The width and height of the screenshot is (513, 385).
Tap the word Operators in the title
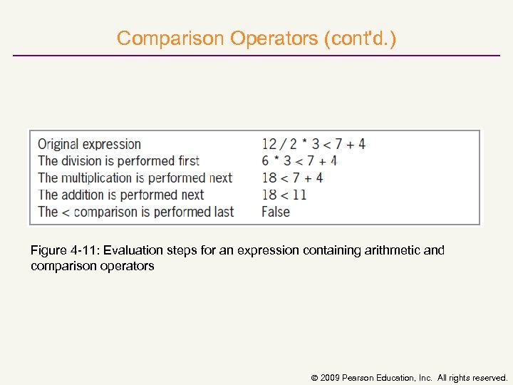[x=274, y=38]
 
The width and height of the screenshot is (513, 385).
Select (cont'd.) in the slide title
[x=360, y=38]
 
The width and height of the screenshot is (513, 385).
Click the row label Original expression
[x=90, y=144]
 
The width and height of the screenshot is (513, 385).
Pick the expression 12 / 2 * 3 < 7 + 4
[x=313, y=144]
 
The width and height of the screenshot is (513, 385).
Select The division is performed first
[x=118, y=161]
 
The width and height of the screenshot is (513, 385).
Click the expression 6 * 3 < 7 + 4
[x=299, y=161]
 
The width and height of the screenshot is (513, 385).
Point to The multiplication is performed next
[x=135, y=178]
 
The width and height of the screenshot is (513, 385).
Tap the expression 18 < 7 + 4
[x=292, y=178]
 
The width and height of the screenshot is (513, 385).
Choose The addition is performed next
[x=121, y=195]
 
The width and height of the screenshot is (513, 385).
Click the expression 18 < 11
[x=284, y=195]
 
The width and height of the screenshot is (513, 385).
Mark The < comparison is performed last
[x=136, y=212]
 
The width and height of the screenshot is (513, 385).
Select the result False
[x=276, y=212]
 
